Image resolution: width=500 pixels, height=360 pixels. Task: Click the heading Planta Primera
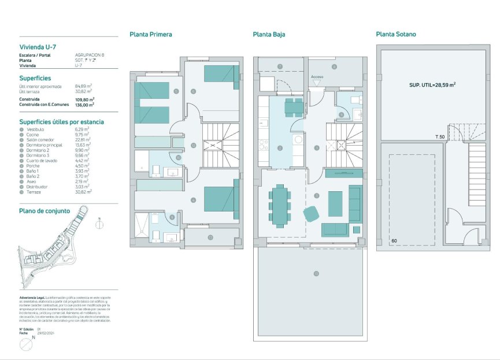point(150,34)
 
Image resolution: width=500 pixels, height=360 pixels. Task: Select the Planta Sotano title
point(395,34)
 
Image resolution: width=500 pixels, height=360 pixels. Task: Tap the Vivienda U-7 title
point(38,47)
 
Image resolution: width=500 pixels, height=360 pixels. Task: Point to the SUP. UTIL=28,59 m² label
point(432,84)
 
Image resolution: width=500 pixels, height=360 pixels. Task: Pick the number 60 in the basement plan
point(394,240)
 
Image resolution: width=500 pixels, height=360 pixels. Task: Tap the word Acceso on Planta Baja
point(317,76)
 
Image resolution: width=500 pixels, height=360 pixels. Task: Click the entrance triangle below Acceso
point(317,83)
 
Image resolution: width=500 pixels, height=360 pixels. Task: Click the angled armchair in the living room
point(310,214)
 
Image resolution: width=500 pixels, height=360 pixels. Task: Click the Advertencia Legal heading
point(34,298)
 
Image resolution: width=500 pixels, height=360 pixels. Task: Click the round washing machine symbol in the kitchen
point(299,139)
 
